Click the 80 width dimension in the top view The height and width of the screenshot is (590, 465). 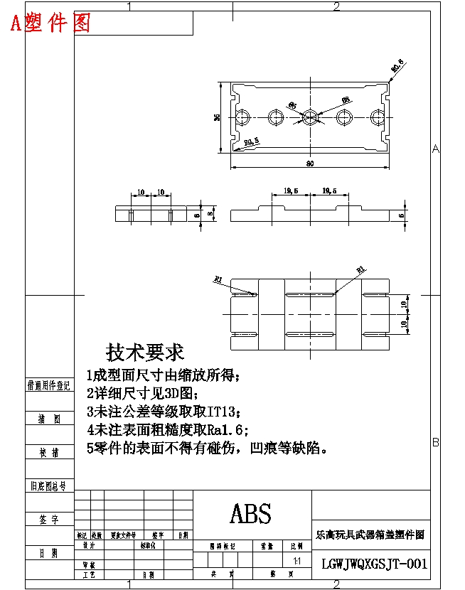[310, 163]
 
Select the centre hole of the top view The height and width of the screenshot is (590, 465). [309, 117]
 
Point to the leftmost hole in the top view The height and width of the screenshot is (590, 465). [245, 117]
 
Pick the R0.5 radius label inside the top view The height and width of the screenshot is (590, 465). [251, 142]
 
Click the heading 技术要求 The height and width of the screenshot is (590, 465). [145, 352]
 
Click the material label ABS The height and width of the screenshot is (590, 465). [251, 513]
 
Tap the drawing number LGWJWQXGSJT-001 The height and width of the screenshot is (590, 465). [374, 564]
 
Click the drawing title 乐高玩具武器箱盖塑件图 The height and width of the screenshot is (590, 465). [370, 534]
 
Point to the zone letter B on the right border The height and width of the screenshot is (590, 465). [436, 442]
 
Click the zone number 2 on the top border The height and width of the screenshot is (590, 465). [336, 7]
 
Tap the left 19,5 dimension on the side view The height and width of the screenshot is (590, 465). [290, 191]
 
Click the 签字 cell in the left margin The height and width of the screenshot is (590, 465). [49, 520]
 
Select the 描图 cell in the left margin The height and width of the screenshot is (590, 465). [49, 419]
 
